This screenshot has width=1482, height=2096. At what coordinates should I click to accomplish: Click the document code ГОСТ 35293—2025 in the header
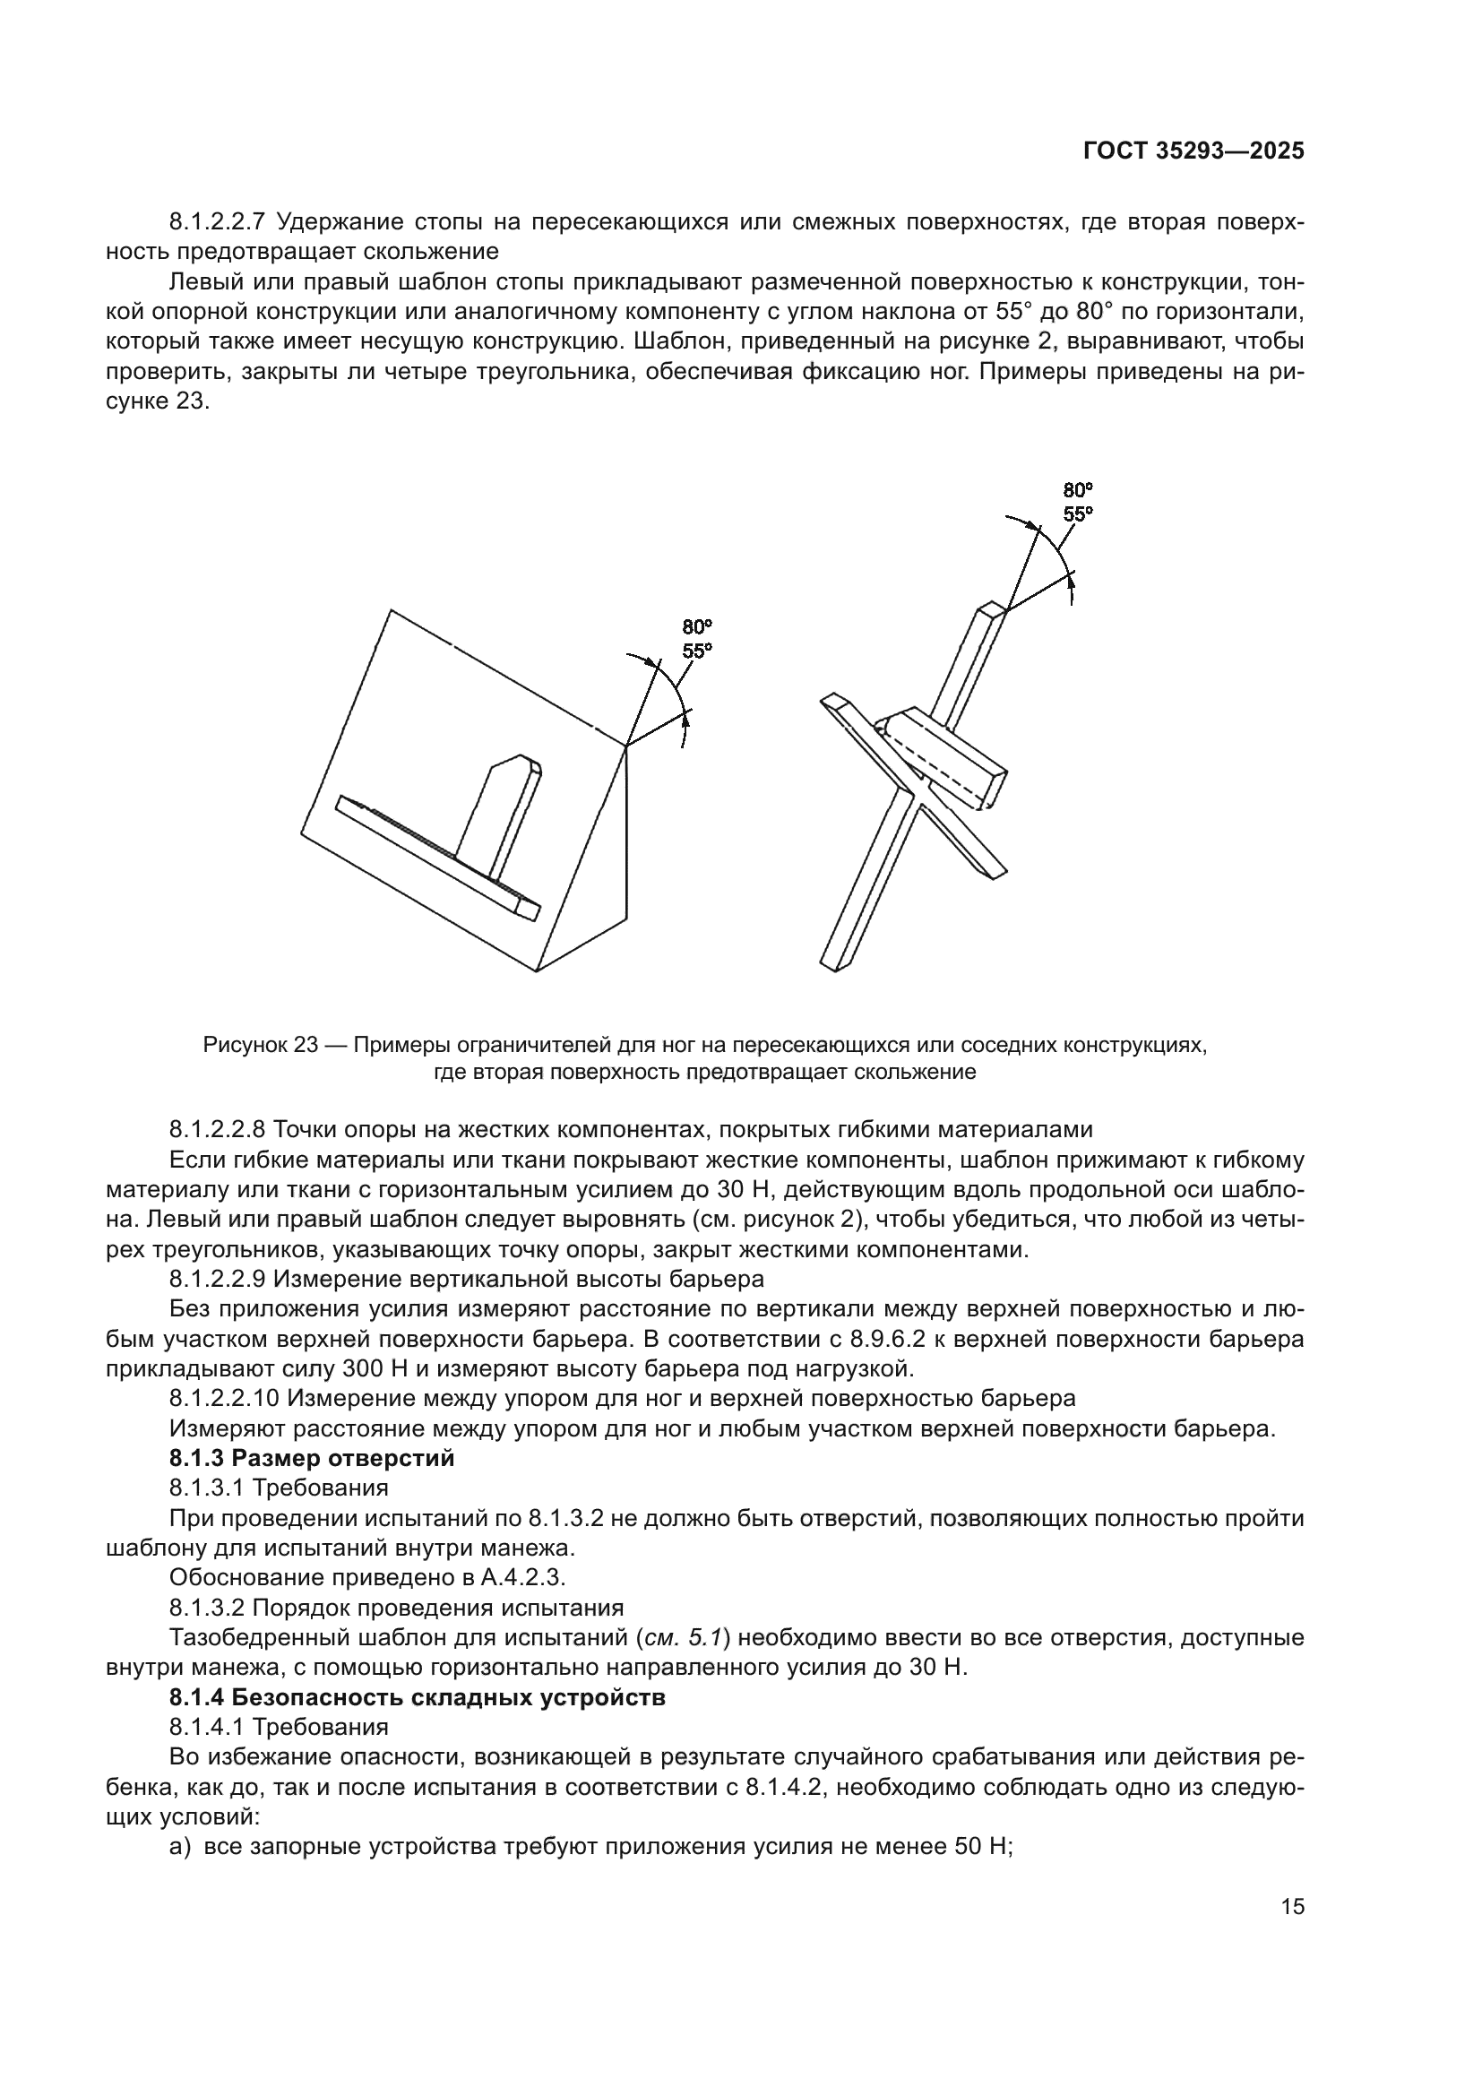point(1193,151)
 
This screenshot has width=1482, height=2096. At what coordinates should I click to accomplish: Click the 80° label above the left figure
point(697,627)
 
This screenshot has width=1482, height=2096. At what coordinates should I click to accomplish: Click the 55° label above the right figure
point(1078,514)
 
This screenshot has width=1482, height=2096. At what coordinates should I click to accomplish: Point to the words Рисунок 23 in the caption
point(259,1045)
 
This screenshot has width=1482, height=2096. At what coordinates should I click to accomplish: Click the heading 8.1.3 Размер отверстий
point(311,1458)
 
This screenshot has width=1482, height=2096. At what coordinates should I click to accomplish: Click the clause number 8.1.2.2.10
point(224,1399)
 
